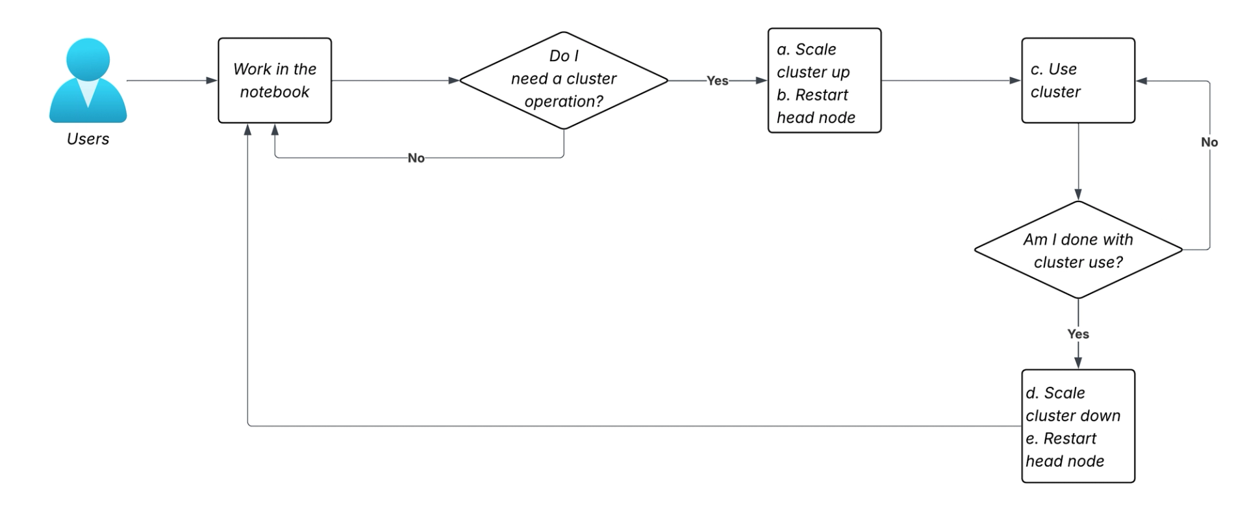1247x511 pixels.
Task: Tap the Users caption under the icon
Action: point(88,139)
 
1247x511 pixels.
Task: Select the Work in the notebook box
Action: point(274,81)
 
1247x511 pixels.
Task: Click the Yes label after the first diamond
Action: point(717,81)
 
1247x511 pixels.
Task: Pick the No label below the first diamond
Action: point(416,158)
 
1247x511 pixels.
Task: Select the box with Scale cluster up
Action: point(824,81)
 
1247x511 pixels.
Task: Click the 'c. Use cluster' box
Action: point(1077,81)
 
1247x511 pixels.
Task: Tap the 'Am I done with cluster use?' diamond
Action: point(1077,250)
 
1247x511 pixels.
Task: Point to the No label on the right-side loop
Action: point(1209,142)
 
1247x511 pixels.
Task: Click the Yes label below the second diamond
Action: point(1077,334)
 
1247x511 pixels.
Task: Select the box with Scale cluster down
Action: point(1077,426)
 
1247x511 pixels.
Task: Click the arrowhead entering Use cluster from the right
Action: point(1142,81)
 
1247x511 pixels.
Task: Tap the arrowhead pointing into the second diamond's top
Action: point(1078,194)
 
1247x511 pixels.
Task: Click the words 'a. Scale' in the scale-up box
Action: point(806,49)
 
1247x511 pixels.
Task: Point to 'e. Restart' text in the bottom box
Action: point(1061,438)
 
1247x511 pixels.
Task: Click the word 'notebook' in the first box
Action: point(274,92)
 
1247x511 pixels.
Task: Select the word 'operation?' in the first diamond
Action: point(563,101)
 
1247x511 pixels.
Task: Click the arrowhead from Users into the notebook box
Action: point(211,81)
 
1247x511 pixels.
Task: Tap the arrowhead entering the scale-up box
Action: point(761,81)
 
